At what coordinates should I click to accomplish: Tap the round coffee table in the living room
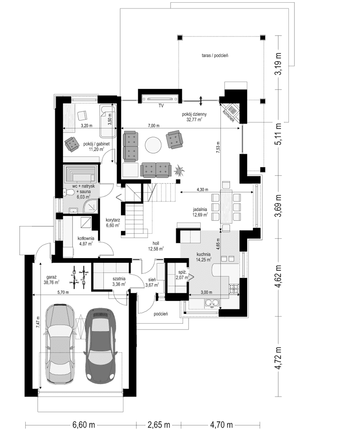pyautogui.click(x=153, y=145)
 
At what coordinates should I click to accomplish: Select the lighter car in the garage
pyautogui.click(x=59, y=342)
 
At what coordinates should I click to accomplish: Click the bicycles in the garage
pyautogui.click(x=77, y=277)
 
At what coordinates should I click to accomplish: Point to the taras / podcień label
pyautogui.click(x=216, y=55)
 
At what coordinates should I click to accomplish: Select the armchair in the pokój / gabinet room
pyautogui.click(x=71, y=143)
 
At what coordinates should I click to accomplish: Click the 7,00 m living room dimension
pyautogui.click(x=154, y=126)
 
